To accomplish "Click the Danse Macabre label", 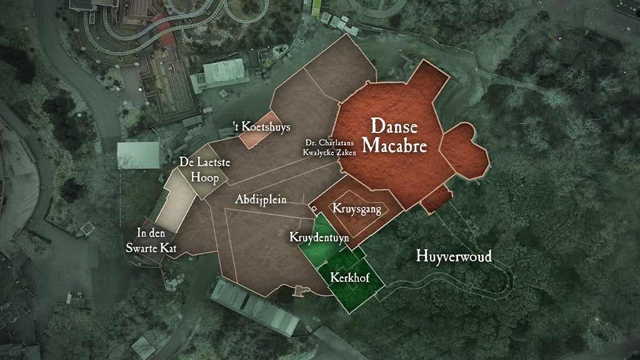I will pyautogui.click(x=398, y=136).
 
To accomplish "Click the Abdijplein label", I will pyautogui.click(x=261, y=200).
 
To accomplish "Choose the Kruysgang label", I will pyautogui.click(x=357, y=209).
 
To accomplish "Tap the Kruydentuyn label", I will pyautogui.click(x=319, y=237).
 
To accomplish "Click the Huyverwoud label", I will pyautogui.click(x=454, y=256).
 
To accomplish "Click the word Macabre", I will pyautogui.click(x=398, y=146).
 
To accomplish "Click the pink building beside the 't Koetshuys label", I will pyautogui.click(x=255, y=139).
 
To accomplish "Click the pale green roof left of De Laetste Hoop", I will pyautogui.click(x=138, y=155).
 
